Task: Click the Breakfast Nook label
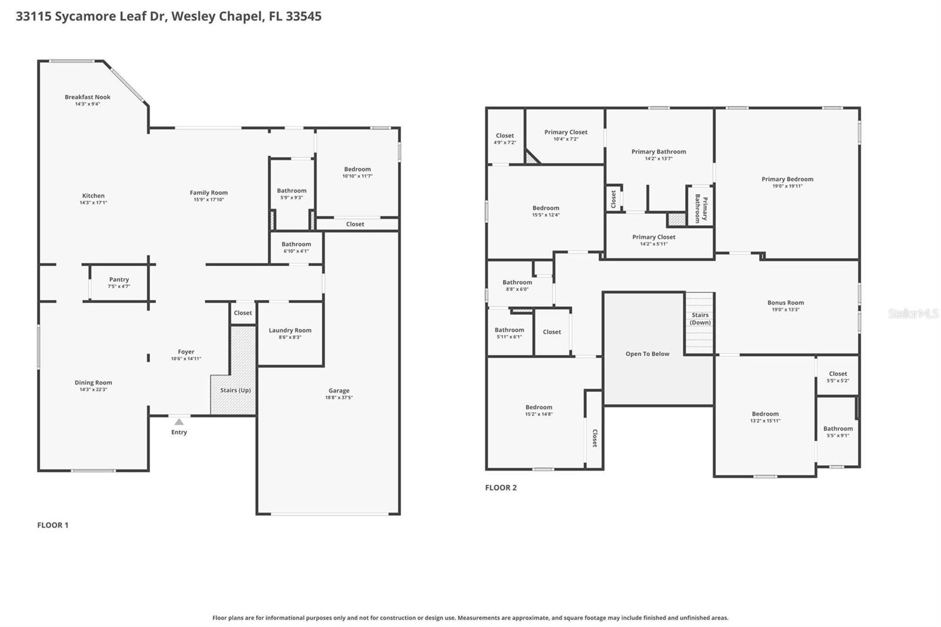pyautogui.click(x=88, y=97)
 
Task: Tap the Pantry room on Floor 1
pyautogui.click(x=119, y=282)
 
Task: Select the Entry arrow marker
pyautogui.click(x=179, y=422)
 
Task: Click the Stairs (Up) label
pyautogui.click(x=235, y=390)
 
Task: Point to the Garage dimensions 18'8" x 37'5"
pyautogui.click(x=339, y=398)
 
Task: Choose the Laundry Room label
pyautogui.click(x=290, y=331)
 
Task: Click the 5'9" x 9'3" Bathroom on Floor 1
pyautogui.click(x=292, y=194)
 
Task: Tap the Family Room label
pyautogui.click(x=208, y=193)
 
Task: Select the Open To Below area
pyautogui.click(x=647, y=354)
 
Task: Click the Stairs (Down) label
pyautogui.click(x=700, y=319)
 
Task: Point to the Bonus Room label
pyautogui.click(x=785, y=303)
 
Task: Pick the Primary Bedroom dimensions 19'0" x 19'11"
pyautogui.click(x=787, y=186)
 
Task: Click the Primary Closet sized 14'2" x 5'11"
pyautogui.click(x=653, y=240)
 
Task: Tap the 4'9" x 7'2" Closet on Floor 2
pyautogui.click(x=505, y=139)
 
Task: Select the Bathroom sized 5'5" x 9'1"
pyautogui.click(x=837, y=432)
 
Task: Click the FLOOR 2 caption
pyautogui.click(x=500, y=488)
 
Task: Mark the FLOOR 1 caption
pyautogui.click(x=53, y=525)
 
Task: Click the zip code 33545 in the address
pyautogui.click(x=303, y=16)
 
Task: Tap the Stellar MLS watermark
pyautogui.click(x=913, y=314)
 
